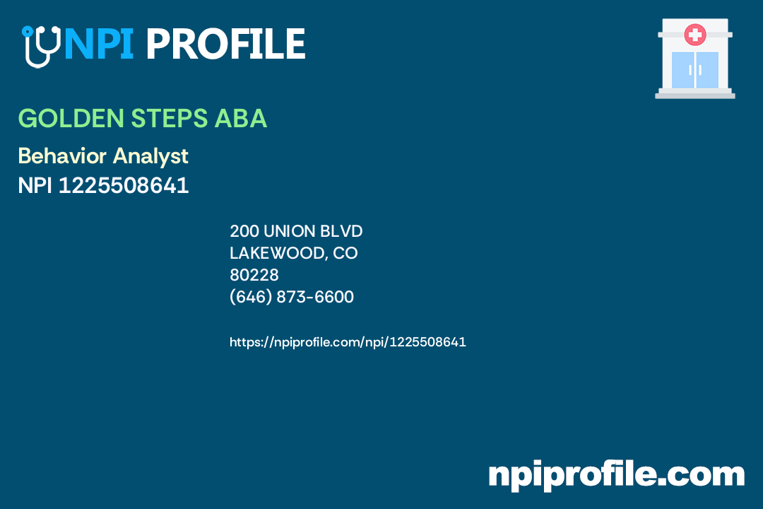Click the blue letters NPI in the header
98,45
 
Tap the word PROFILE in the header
225,45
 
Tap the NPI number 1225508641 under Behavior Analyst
124,185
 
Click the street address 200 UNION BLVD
296,231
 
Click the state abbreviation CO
345,253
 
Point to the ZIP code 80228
254,275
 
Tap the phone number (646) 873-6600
292,297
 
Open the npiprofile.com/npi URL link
348,342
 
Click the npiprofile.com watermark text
616,474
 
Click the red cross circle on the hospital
695,34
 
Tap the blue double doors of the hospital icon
695,69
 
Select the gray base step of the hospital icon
695,95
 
